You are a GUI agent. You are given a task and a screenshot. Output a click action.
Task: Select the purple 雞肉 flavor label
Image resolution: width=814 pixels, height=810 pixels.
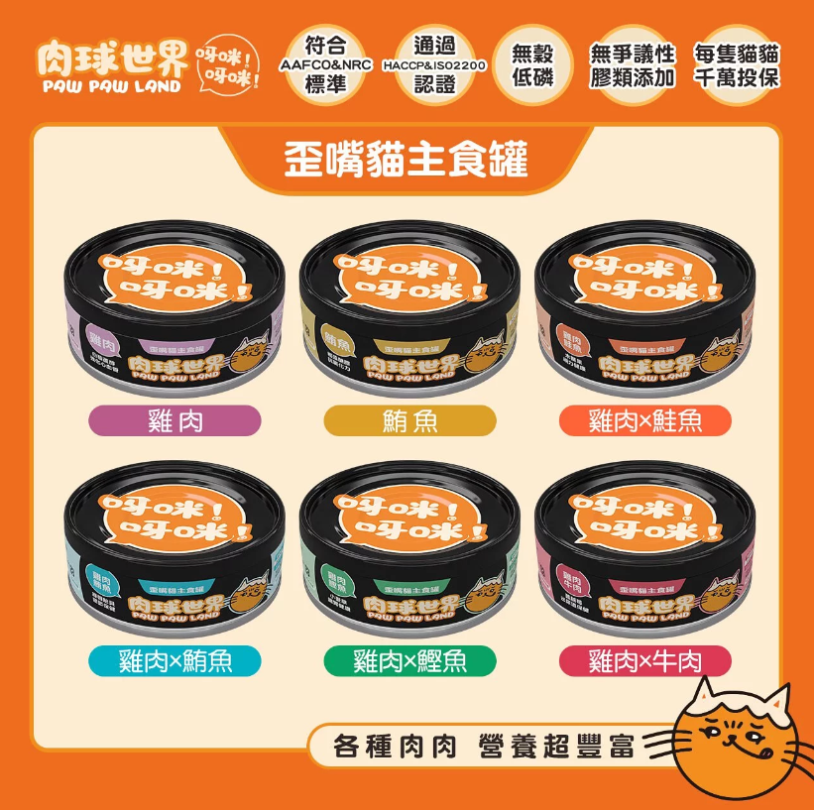coord(175,420)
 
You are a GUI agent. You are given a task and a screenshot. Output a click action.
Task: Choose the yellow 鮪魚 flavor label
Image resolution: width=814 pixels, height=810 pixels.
coord(409,420)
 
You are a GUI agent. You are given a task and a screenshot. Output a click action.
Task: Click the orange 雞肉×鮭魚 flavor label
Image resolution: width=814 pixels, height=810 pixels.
coord(645,420)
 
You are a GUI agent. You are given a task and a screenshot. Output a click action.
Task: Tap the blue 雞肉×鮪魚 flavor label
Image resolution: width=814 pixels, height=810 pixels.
coord(175,659)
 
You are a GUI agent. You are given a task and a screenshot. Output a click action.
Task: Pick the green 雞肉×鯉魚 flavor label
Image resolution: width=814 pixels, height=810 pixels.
coord(409,659)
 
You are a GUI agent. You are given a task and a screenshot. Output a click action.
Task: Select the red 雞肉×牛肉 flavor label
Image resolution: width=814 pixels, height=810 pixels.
coord(645,659)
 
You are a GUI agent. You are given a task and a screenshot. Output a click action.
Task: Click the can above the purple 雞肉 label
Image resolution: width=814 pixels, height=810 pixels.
coord(174,312)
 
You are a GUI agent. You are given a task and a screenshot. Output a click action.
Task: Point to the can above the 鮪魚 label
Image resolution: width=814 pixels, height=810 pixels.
coord(409,312)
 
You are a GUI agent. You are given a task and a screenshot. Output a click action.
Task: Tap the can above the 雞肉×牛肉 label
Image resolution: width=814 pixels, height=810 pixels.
coord(645,550)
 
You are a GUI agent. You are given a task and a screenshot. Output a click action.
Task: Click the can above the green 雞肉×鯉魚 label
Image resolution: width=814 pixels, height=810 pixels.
coord(409,550)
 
